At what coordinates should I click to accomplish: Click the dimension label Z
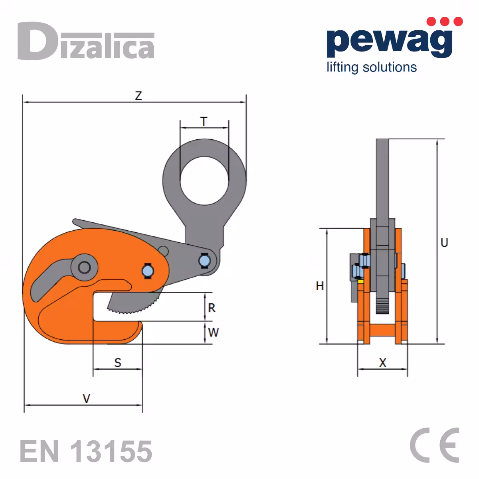click(138, 96)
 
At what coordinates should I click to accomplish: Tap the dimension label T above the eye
click(204, 122)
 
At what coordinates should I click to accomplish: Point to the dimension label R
click(212, 308)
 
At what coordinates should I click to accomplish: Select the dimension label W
click(213, 332)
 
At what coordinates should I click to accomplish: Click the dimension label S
click(118, 363)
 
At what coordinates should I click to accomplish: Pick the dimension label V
click(86, 399)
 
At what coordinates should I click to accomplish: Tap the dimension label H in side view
click(320, 286)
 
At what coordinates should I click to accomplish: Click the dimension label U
click(444, 243)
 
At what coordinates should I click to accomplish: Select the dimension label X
click(383, 363)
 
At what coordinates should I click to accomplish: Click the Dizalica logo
click(86, 41)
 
